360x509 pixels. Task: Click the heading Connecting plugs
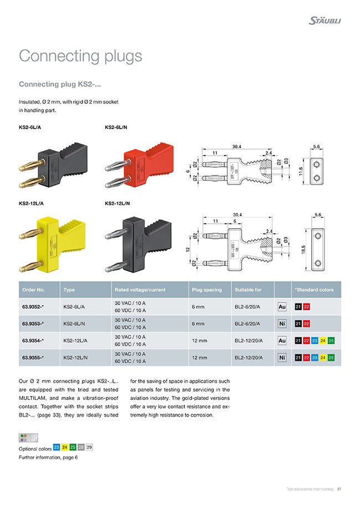pos(80,56)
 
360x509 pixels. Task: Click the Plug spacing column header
pos(206,290)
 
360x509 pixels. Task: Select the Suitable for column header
pos(248,290)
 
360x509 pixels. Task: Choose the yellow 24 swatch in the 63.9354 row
pos(323,341)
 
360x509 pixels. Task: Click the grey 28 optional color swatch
pos(81,448)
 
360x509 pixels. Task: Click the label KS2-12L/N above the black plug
pos(117,203)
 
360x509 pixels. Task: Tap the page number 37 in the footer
pos(339,489)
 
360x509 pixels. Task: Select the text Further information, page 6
pos(48,457)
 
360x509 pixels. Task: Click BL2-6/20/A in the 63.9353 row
pos(249,323)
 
